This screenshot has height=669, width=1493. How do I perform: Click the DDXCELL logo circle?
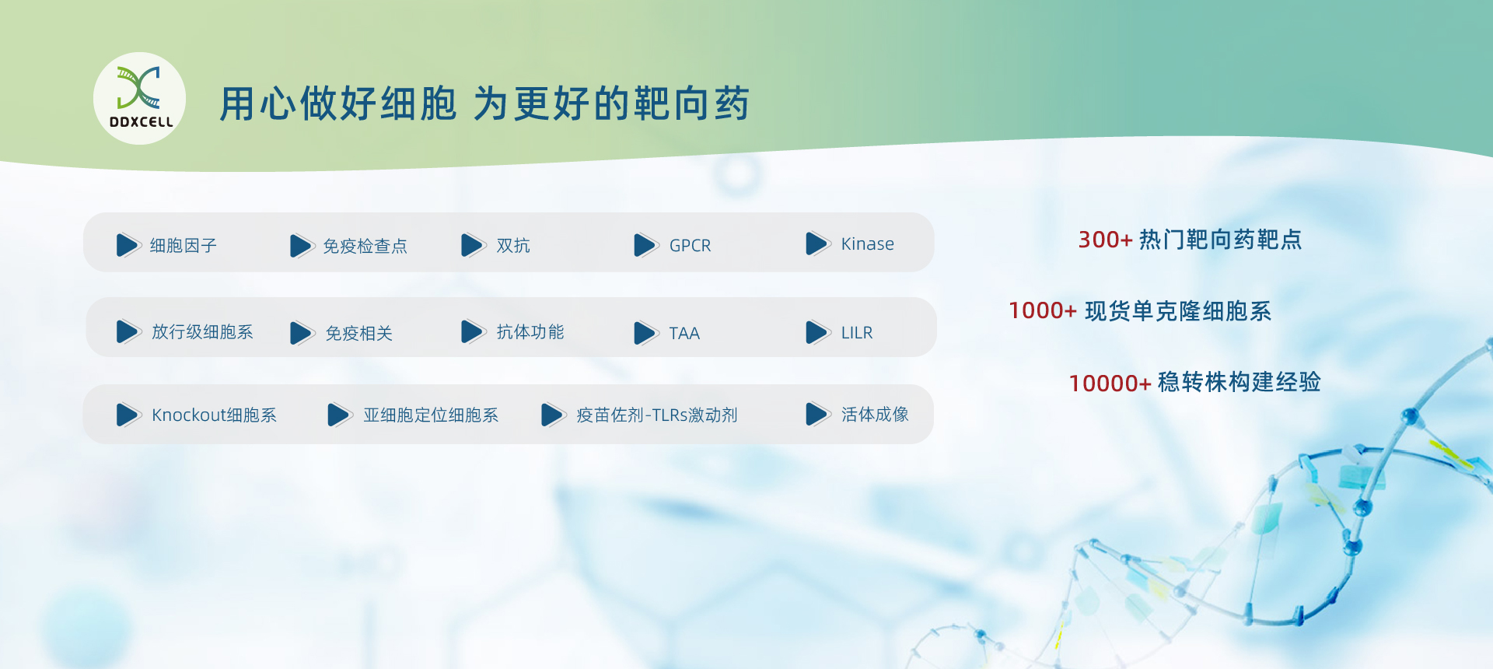[139, 98]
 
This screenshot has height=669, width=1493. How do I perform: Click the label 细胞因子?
[184, 246]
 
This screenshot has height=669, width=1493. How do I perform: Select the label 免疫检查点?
[365, 247]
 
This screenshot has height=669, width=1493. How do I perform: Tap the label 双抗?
[513, 246]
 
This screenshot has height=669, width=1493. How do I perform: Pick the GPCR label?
[691, 246]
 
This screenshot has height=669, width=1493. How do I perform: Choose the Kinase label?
[868, 244]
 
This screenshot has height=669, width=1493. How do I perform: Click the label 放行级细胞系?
[202, 332]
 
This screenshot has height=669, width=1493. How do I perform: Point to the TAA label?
[684, 333]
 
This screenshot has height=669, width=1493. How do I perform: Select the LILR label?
[857, 333]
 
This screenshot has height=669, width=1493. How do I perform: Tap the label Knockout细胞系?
[214, 415]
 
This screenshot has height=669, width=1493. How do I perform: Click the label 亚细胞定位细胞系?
[431, 415]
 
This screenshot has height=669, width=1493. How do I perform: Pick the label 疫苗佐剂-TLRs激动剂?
[657, 415]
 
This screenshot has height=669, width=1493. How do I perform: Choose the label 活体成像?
[875, 415]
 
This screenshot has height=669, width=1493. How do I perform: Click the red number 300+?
[1105, 240]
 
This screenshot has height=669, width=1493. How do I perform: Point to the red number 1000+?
[1043, 311]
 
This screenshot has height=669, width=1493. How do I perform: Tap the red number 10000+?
[1110, 384]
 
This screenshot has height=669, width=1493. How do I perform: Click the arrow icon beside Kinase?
[817, 243]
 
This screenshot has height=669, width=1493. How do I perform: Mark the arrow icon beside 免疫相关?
[301, 333]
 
